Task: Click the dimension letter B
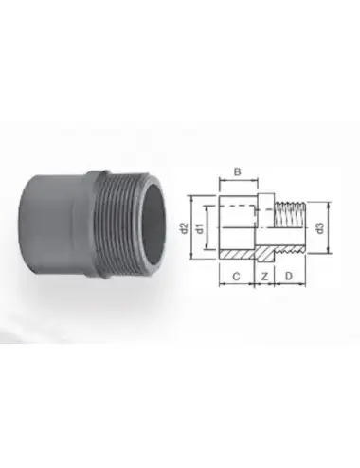click(238, 171)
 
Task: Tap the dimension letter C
click(236, 277)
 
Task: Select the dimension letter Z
click(264, 277)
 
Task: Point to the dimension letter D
click(289, 276)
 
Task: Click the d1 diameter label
click(200, 228)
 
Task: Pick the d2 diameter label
click(184, 228)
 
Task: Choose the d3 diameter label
click(320, 228)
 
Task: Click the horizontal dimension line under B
click(239, 181)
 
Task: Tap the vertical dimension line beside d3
click(329, 227)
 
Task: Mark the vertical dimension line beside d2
click(191, 227)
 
